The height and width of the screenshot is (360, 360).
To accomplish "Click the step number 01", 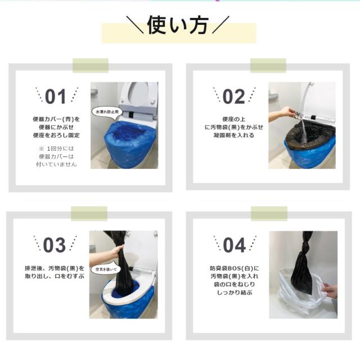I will point(55,97).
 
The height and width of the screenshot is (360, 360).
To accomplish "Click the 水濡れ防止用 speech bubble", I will point(107,111).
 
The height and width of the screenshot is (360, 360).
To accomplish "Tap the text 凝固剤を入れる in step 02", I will point(234,136).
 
